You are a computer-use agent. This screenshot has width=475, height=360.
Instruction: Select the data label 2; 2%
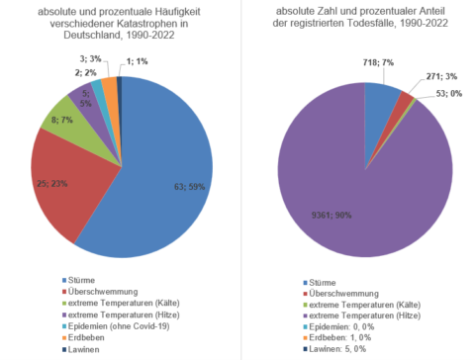click(85, 71)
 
